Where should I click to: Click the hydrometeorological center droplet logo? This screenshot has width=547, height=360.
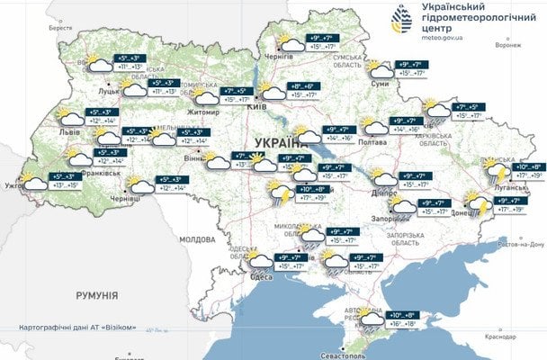401,19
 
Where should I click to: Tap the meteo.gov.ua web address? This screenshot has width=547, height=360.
438,39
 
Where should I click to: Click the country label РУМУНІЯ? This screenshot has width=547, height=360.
97,294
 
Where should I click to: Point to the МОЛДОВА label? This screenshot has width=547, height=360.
197,240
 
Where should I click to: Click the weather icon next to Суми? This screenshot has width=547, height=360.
382,69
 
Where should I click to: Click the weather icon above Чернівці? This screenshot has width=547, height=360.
140,185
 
